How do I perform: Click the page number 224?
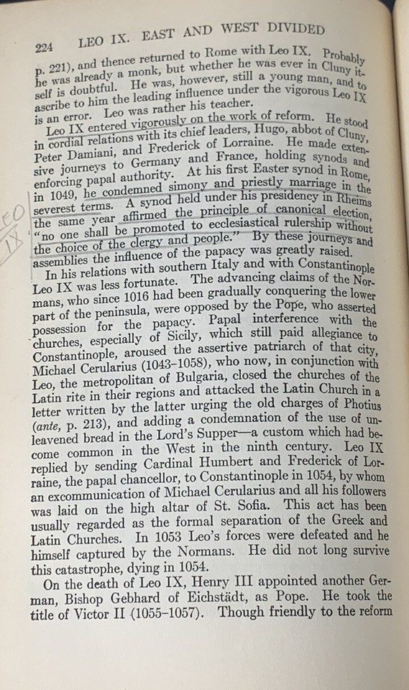(46, 47)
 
